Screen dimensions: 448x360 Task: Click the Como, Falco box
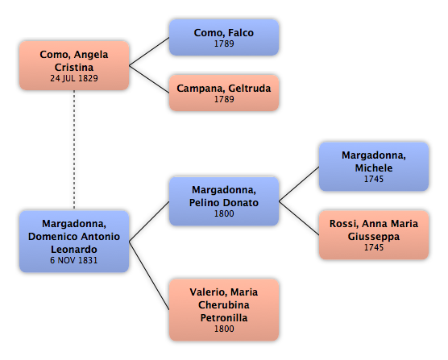[x=224, y=37]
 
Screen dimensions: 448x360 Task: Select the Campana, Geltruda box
[x=224, y=93]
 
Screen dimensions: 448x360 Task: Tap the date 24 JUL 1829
[x=74, y=78]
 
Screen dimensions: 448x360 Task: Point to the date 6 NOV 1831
[x=74, y=260]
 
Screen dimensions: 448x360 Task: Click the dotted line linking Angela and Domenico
[x=74, y=150]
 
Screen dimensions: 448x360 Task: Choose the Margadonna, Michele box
[x=374, y=167]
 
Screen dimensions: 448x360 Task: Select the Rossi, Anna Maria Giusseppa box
[x=374, y=235]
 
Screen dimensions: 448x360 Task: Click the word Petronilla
[x=224, y=318]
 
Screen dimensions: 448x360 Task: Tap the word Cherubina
[x=224, y=305]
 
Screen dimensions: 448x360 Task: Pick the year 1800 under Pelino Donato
[x=224, y=213]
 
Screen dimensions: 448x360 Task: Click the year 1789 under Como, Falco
[x=224, y=43]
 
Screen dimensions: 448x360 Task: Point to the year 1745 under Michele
[x=374, y=179]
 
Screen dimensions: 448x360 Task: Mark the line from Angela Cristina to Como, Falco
[x=149, y=52]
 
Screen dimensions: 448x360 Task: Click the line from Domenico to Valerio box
[x=149, y=275]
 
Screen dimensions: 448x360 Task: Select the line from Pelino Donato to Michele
[x=299, y=184]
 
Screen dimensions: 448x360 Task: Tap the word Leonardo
[x=74, y=249]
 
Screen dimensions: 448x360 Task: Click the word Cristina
[x=74, y=68]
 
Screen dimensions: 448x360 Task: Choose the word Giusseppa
[x=374, y=237]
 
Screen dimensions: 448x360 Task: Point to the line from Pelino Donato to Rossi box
[x=299, y=218]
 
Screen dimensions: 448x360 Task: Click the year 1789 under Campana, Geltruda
[x=224, y=99]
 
